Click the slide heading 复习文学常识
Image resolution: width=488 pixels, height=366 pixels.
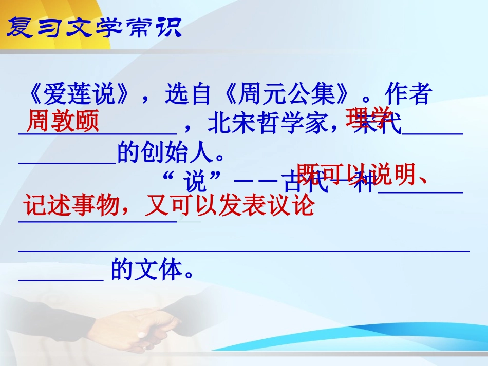coord(94,27)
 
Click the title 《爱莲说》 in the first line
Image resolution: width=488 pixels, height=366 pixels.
coord(82,95)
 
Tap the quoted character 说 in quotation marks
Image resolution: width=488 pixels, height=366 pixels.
coord(196,181)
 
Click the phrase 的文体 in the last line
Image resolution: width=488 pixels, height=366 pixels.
coord(153,269)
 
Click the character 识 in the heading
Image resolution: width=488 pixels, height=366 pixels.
coord(169,27)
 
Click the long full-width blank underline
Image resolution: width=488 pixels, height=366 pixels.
coord(244,251)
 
